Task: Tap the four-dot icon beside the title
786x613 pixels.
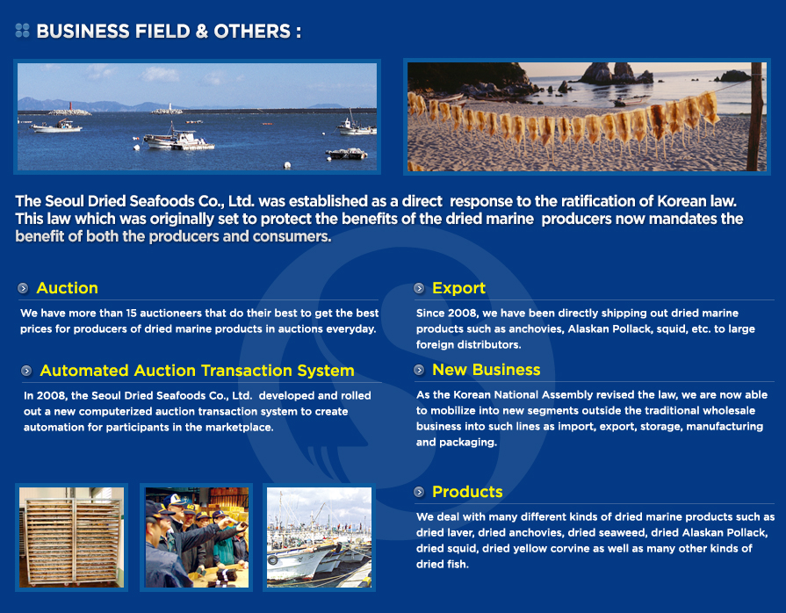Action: (23, 31)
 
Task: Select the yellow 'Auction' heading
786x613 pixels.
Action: (67, 288)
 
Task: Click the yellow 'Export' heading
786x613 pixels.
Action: (458, 288)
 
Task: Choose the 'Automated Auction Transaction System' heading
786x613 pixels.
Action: (197, 371)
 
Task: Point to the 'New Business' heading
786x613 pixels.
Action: (487, 370)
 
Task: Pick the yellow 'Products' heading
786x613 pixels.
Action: (467, 492)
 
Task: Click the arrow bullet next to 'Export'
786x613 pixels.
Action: (419, 288)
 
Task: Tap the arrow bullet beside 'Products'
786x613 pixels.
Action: (419, 492)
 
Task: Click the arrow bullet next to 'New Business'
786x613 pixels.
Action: (419, 370)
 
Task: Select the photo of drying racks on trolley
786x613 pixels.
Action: (72, 537)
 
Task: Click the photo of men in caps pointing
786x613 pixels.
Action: (197, 537)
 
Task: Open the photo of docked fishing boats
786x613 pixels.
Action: (320, 537)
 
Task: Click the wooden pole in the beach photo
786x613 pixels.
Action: (755, 117)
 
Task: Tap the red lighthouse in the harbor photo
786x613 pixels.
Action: (71, 107)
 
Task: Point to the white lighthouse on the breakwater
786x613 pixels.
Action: (169, 107)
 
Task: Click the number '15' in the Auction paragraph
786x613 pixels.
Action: (132, 314)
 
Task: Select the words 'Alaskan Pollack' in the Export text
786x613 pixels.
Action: (607, 329)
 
